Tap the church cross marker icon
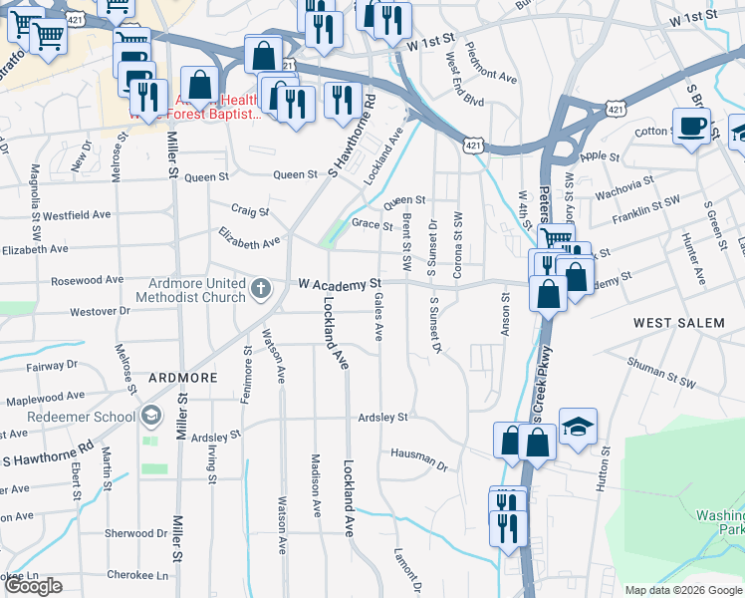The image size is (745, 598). pos(261,289)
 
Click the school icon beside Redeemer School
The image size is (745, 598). pos(150,415)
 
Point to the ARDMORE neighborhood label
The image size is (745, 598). pos(182,379)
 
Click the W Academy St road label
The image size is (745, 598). pos(341,284)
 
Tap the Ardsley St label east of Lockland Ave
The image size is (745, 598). pos(383,417)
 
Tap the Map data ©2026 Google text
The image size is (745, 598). pos(682,590)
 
